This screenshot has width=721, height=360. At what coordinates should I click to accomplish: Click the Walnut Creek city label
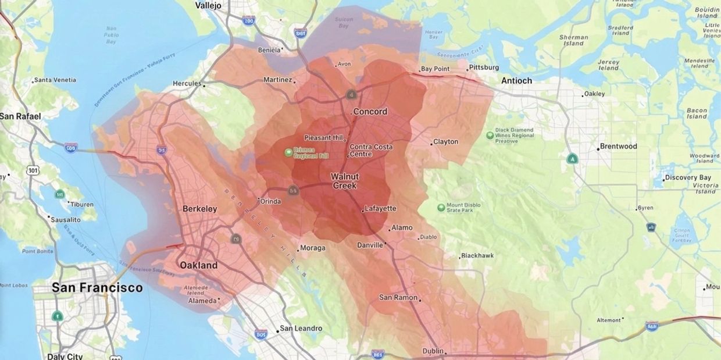[345, 181]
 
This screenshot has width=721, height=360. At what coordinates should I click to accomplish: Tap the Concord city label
[370, 112]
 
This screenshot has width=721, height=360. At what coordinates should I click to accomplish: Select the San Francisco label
[97, 287]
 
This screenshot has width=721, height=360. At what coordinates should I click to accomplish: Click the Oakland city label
[198, 265]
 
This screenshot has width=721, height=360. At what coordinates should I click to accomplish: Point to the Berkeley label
[199, 209]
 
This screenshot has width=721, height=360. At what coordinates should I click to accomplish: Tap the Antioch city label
[516, 81]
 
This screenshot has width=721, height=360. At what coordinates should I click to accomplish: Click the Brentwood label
[618, 147]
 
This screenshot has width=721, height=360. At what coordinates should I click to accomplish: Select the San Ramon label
[398, 298]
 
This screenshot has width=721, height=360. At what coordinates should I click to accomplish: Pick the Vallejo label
[208, 5]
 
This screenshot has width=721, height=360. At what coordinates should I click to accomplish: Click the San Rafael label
[20, 116]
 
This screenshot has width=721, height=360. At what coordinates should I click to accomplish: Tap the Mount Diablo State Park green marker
[441, 207]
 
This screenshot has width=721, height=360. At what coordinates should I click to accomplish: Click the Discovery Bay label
[688, 177]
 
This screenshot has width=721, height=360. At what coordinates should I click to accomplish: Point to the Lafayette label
[380, 209]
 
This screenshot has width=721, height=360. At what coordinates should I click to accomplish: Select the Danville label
[370, 245]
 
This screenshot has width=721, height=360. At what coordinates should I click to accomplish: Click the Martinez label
[277, 80]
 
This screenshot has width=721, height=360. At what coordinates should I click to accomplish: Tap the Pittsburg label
[484, 67]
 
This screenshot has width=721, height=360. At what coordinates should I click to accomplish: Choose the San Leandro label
[301, 329]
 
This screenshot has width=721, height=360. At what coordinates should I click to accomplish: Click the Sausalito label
[65, 220]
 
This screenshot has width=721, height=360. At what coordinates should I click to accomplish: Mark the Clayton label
[446, 142]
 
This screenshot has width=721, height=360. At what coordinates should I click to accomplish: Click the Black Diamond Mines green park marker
[490, 136]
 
